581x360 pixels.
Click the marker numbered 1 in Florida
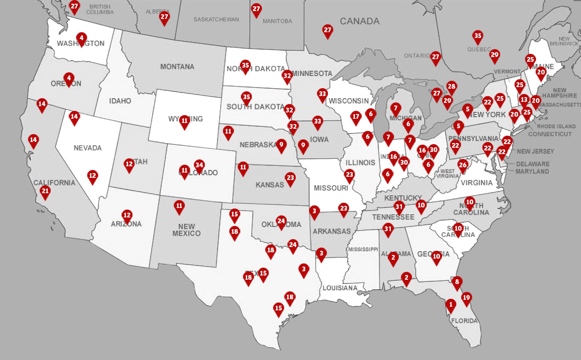click(x=451, y=305)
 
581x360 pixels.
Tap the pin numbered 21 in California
click(x=45, y=192)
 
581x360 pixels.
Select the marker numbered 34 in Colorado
click(x=199, y=165)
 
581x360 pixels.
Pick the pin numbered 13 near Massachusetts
click(x=524, y=100)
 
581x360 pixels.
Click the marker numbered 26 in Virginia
click(x=463, y=165)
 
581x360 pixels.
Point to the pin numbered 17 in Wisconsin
click(x=356, y=117)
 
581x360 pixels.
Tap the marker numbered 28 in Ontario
click(x=451, y=87)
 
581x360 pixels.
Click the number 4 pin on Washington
click(x=81, y=38)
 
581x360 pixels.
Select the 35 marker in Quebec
click(x=477, y=36)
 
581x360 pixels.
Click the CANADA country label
click(x=359, y=21)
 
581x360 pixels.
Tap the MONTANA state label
click(x=177, y=67)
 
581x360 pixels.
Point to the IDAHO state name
click(x=120, y=101)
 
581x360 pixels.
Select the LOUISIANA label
click(x=340, y=288)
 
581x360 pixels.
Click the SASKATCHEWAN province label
click(x=216, y=20)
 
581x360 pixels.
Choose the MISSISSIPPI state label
click(x=363, y=249)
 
